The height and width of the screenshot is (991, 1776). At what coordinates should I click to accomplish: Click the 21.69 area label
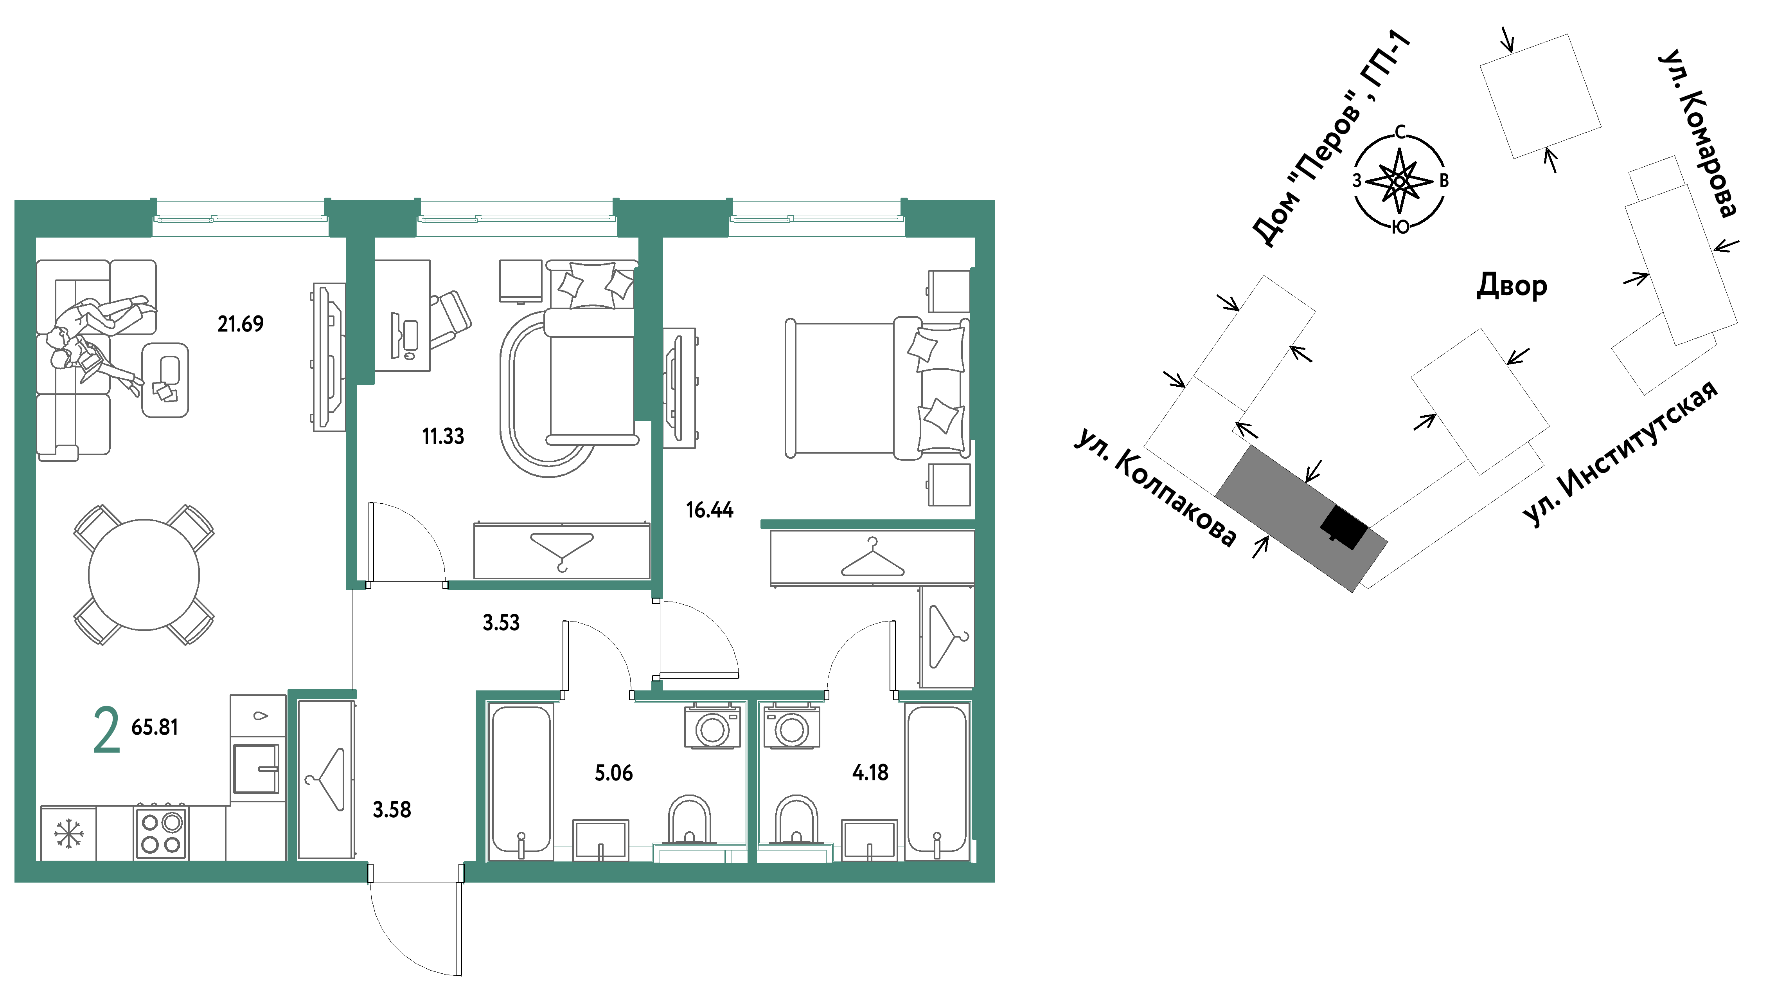241,323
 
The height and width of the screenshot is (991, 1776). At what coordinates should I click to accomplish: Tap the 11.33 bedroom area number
443,436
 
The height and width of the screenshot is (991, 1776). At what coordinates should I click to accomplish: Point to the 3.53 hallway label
501,623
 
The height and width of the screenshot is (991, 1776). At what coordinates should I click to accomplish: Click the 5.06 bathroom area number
614,773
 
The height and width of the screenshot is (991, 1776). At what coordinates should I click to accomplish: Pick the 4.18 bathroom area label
870,772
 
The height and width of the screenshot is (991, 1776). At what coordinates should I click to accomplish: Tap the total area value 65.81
155,727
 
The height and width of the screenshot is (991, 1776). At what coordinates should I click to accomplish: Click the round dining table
144,575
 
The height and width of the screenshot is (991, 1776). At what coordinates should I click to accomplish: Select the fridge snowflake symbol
68,833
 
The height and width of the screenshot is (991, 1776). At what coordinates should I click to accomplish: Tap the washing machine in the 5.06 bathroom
713,726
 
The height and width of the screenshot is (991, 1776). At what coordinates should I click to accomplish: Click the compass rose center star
1400,181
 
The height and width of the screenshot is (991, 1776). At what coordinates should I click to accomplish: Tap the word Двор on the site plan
1512,285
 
